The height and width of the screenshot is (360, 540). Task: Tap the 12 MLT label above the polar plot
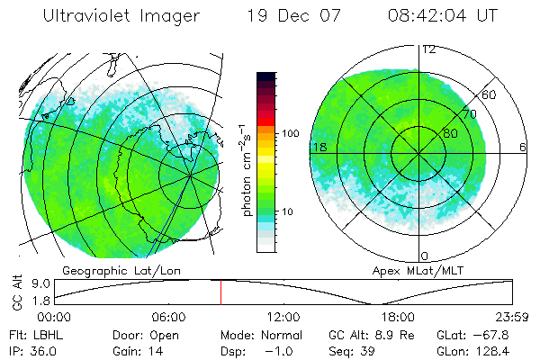click(429, 49)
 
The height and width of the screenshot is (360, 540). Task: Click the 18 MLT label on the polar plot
click(319, 146)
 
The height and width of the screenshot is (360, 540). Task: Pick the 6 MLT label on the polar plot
click(522, 146)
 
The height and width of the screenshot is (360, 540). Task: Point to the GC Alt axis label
click(14, 291)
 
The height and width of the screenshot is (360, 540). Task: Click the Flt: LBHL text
click(30, 333)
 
